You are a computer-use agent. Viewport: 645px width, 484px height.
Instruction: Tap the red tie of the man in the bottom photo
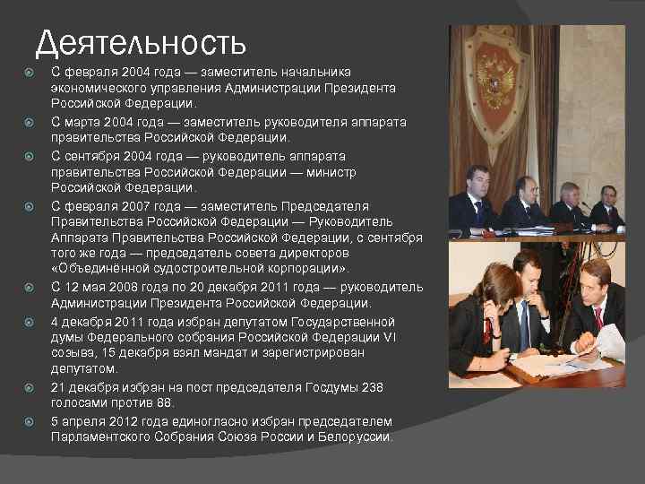tap(598, 317)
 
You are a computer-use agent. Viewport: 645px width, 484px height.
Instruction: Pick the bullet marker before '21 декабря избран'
tap(30, 386)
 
